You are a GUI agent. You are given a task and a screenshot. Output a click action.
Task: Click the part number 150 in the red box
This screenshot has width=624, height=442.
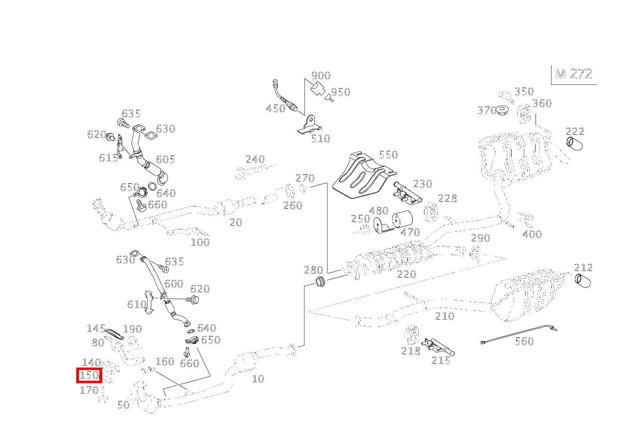coord(89,376)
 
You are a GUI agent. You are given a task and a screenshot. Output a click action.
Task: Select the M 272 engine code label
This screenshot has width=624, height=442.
coord(574,74)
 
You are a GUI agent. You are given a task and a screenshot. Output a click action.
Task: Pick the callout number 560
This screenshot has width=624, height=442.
coord(524,341)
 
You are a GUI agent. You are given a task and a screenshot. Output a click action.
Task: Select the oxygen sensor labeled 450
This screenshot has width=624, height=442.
coord(285,98)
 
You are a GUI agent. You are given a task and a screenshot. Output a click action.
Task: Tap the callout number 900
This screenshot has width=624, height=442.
coord(321,75)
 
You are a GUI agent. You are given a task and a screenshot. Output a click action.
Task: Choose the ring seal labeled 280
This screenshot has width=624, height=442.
coord(320,283)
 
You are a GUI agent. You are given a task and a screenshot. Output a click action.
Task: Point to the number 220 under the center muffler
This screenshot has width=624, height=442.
coord(407,274)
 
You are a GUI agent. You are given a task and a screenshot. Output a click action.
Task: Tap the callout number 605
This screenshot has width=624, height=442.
coord(165,159)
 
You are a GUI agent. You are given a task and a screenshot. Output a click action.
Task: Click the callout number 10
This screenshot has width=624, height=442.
coord(258,379)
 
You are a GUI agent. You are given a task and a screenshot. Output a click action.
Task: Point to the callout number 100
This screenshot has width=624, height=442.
coord(200,243)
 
